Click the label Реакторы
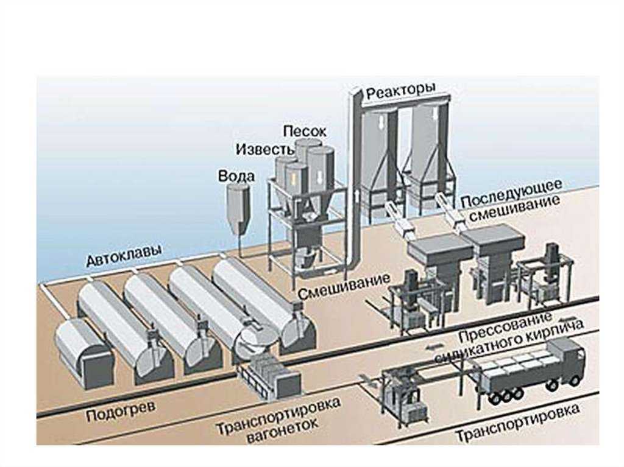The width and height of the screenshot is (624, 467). pos(401,91)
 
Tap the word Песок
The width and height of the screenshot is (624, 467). pos(305,130)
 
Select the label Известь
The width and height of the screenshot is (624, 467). pos(259,149)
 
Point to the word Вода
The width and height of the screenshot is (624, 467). pos(232,175)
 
